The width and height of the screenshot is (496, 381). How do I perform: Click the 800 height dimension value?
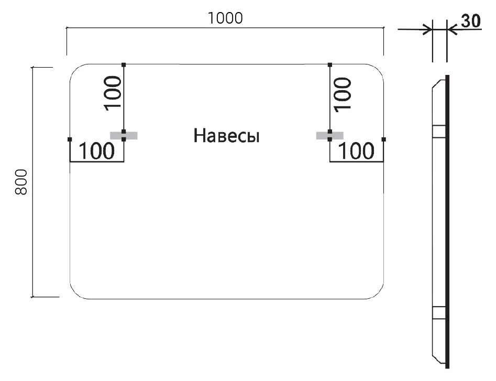21,182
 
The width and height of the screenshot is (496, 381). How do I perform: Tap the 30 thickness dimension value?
470,21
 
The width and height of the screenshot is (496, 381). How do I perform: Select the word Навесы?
227,136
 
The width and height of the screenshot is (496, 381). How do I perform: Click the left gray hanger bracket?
124,135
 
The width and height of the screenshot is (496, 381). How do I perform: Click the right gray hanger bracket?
330,135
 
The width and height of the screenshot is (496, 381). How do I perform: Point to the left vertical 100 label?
113,92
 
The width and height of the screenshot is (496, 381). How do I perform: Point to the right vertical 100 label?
342,92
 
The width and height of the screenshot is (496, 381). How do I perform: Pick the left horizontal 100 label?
96,151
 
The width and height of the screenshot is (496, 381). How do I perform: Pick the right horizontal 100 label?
357,151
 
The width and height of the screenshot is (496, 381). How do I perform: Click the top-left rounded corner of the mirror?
77,71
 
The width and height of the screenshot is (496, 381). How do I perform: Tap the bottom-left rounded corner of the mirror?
78,292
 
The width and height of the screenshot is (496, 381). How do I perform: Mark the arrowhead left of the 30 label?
428,29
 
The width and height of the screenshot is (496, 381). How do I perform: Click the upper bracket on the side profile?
439,131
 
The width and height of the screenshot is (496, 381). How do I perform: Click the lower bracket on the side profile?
439,313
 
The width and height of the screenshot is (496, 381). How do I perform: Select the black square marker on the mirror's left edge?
70,139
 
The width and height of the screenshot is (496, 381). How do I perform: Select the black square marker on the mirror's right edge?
384,139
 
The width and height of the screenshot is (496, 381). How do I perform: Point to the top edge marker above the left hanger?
124,64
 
